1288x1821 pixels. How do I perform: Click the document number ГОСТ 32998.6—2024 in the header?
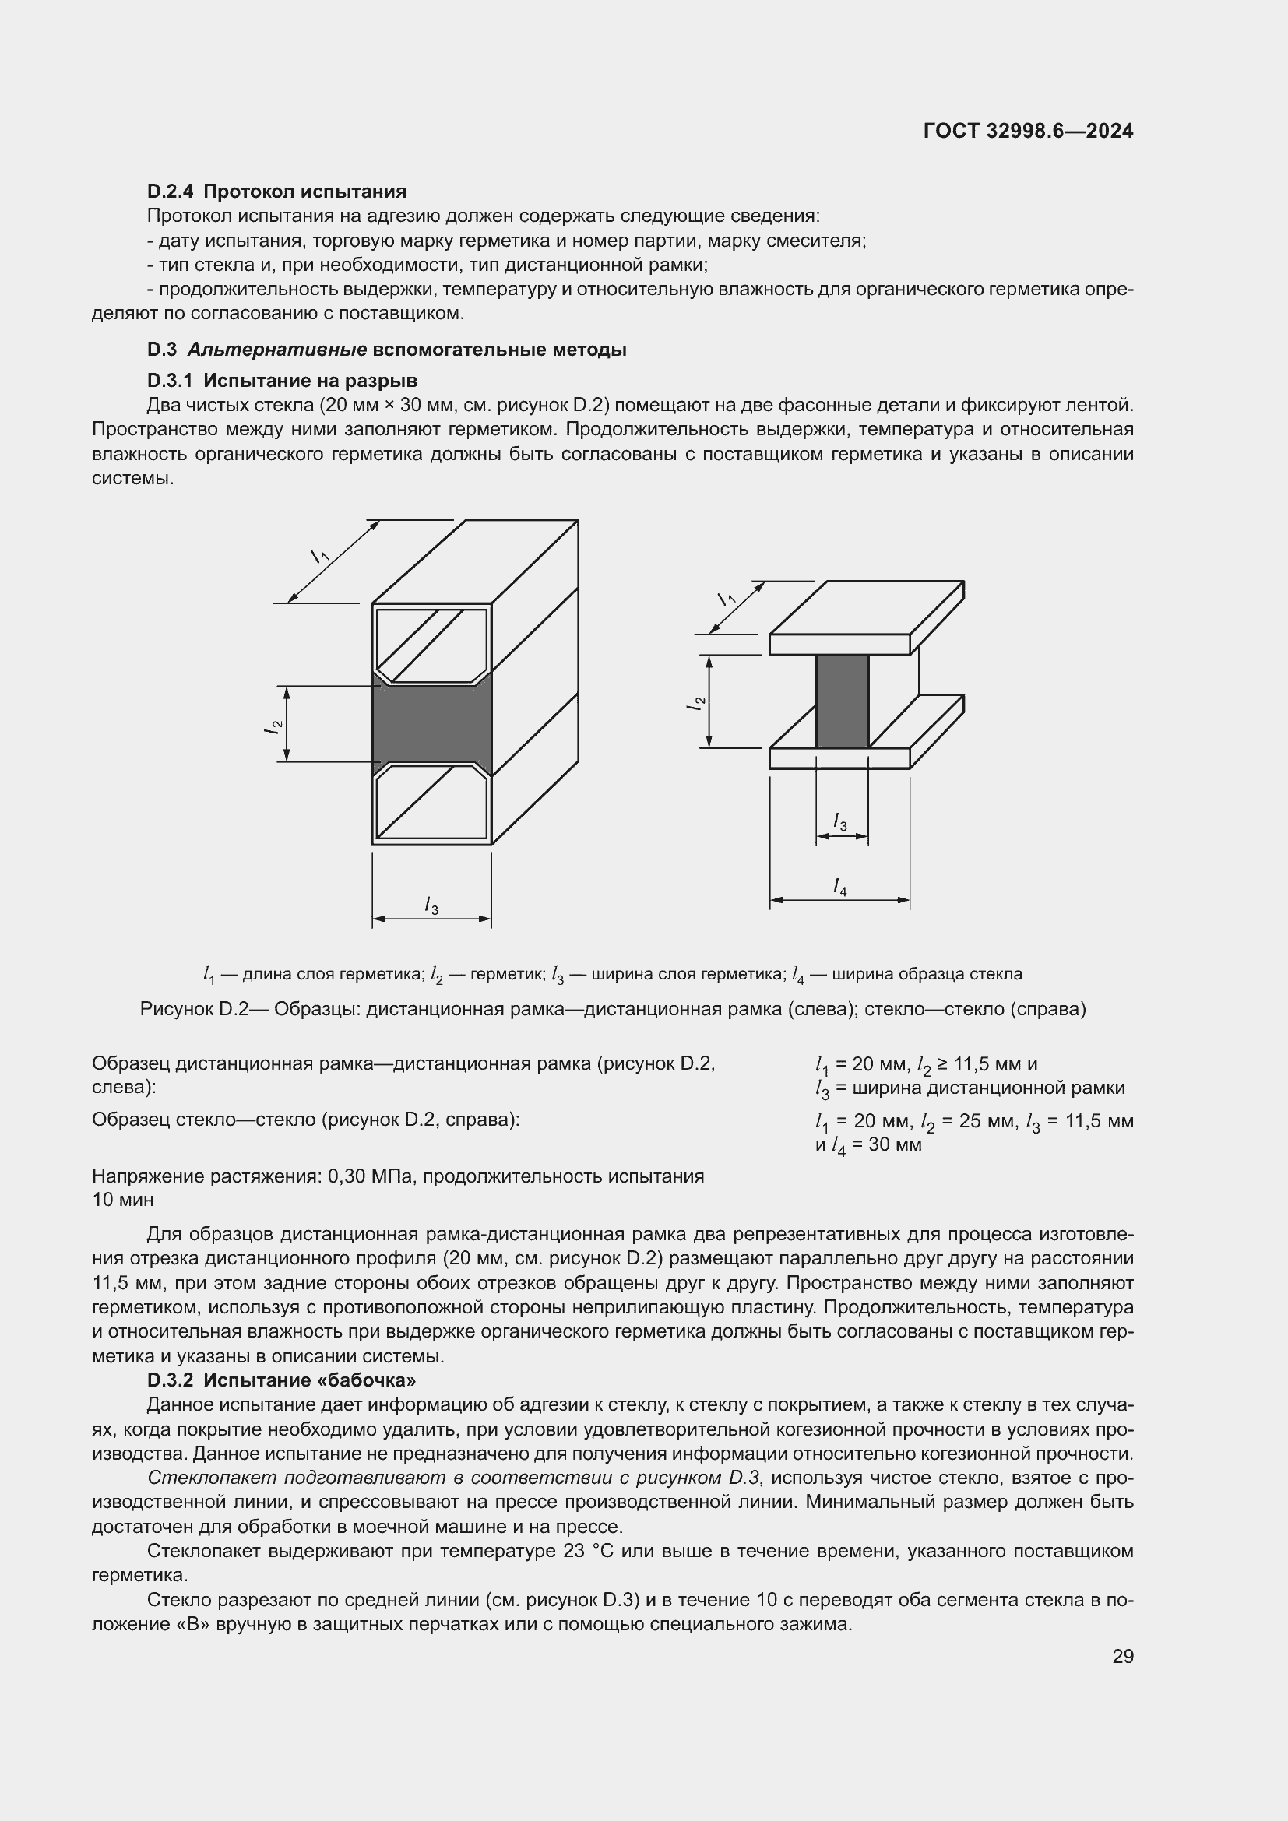1028,132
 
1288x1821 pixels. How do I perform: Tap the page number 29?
1123,1656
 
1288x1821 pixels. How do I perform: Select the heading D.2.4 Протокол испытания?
276,192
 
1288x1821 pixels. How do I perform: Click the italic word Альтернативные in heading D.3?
276,350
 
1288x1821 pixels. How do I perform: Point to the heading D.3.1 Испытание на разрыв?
283,381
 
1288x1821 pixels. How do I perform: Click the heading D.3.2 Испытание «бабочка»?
282,1380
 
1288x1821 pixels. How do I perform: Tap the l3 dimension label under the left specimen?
431,905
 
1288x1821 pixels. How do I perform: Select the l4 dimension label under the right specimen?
840,887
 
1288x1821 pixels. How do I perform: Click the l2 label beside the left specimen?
273,725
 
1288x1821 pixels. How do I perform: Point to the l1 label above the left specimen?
319,556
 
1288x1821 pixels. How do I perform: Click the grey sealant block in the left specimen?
432,723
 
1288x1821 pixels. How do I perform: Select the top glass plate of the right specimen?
864,619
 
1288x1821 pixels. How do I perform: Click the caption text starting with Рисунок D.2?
612,1009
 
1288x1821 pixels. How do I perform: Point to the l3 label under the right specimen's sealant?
840,822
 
